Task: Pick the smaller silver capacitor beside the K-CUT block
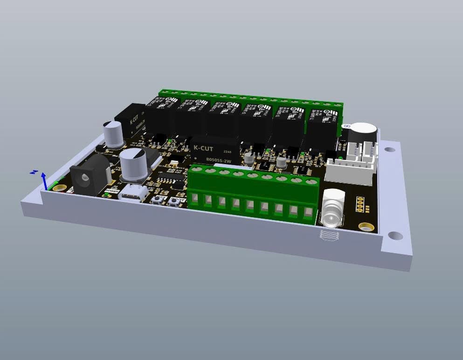coord(113,134)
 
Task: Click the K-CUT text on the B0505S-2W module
coord(204,148)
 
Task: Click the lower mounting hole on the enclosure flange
coord(395,235)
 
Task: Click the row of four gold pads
coord(360,203)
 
